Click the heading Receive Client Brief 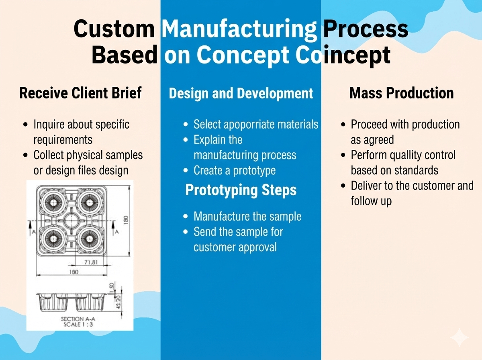click(x=80, y=93)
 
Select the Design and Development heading click(x=241, y=93)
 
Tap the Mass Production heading click(x=401, y=93)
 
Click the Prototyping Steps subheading click(x=241, y=190)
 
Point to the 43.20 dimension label click(x=118, y=302)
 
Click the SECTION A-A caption click(x=78, y=319)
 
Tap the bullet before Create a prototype click(x=185, y=170)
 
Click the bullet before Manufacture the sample click(x=185, y=217)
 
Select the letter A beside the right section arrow click(x=117, y=232)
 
